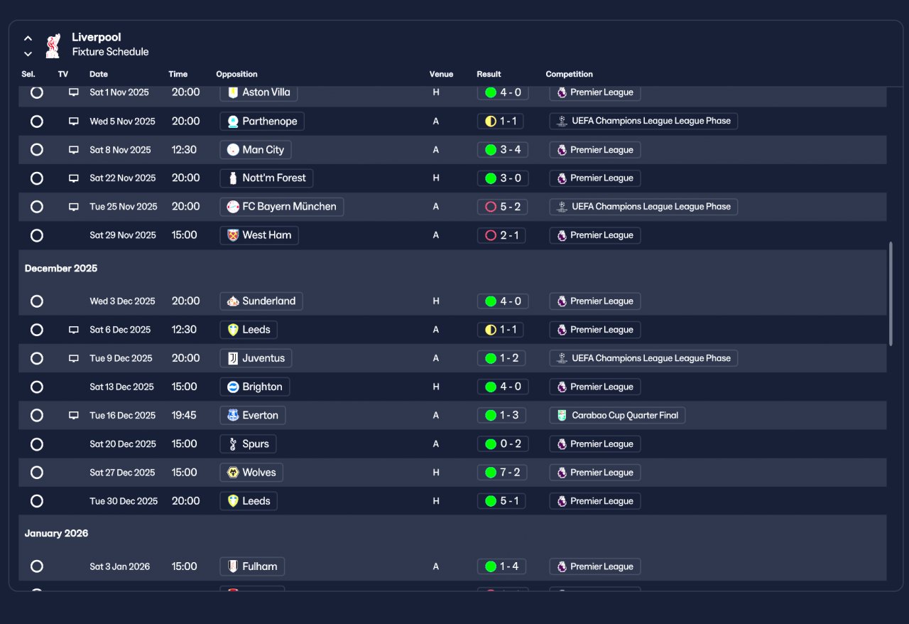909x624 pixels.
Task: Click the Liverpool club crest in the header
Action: [52, 45]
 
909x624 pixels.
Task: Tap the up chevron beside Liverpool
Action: [28, 38]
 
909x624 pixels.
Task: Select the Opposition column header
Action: [236, 74]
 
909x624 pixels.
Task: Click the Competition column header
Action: [569, 74]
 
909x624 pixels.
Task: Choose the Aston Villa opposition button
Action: [258, 92]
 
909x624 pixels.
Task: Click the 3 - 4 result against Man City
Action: [502, 150]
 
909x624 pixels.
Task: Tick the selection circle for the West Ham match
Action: [37, 235]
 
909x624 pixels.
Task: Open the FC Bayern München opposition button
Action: [281, 207]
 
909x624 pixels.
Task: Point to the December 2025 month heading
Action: [61, 269]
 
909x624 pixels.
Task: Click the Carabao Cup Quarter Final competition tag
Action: [616, 415]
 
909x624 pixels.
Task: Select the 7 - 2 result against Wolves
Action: [502, 473]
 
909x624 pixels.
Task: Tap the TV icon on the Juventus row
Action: [73, 358]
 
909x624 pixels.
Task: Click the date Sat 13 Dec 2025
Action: [121, 387]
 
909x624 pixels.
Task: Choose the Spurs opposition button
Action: [248, 444]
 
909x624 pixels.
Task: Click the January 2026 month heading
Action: [56, 533]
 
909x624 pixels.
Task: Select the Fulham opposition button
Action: [252, 566]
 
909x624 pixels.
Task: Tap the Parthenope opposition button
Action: [261, 122]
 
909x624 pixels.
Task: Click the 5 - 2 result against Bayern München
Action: [502, 207]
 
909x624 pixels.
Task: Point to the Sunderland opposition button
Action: [261, 301]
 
